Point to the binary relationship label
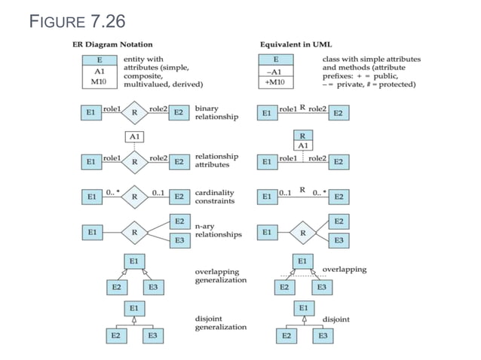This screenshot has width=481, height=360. click(216, 113)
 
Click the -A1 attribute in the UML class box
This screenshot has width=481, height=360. click(276, 71)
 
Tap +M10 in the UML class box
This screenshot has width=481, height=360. click(276, 81)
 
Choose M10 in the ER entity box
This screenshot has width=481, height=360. click(99, 81)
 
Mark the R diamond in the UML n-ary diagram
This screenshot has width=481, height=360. click(302, 233)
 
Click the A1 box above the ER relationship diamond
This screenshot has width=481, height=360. click(133, 137)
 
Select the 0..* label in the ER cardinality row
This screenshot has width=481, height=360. click(111, 192)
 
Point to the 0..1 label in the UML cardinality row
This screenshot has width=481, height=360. click(285, 193)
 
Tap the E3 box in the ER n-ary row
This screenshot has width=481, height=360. click(179, 241)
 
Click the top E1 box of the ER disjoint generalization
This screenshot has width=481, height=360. click(133, 308)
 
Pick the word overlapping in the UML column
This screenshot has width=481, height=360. click(345, 269)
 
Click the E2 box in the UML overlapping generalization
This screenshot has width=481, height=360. click(285, 287)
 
